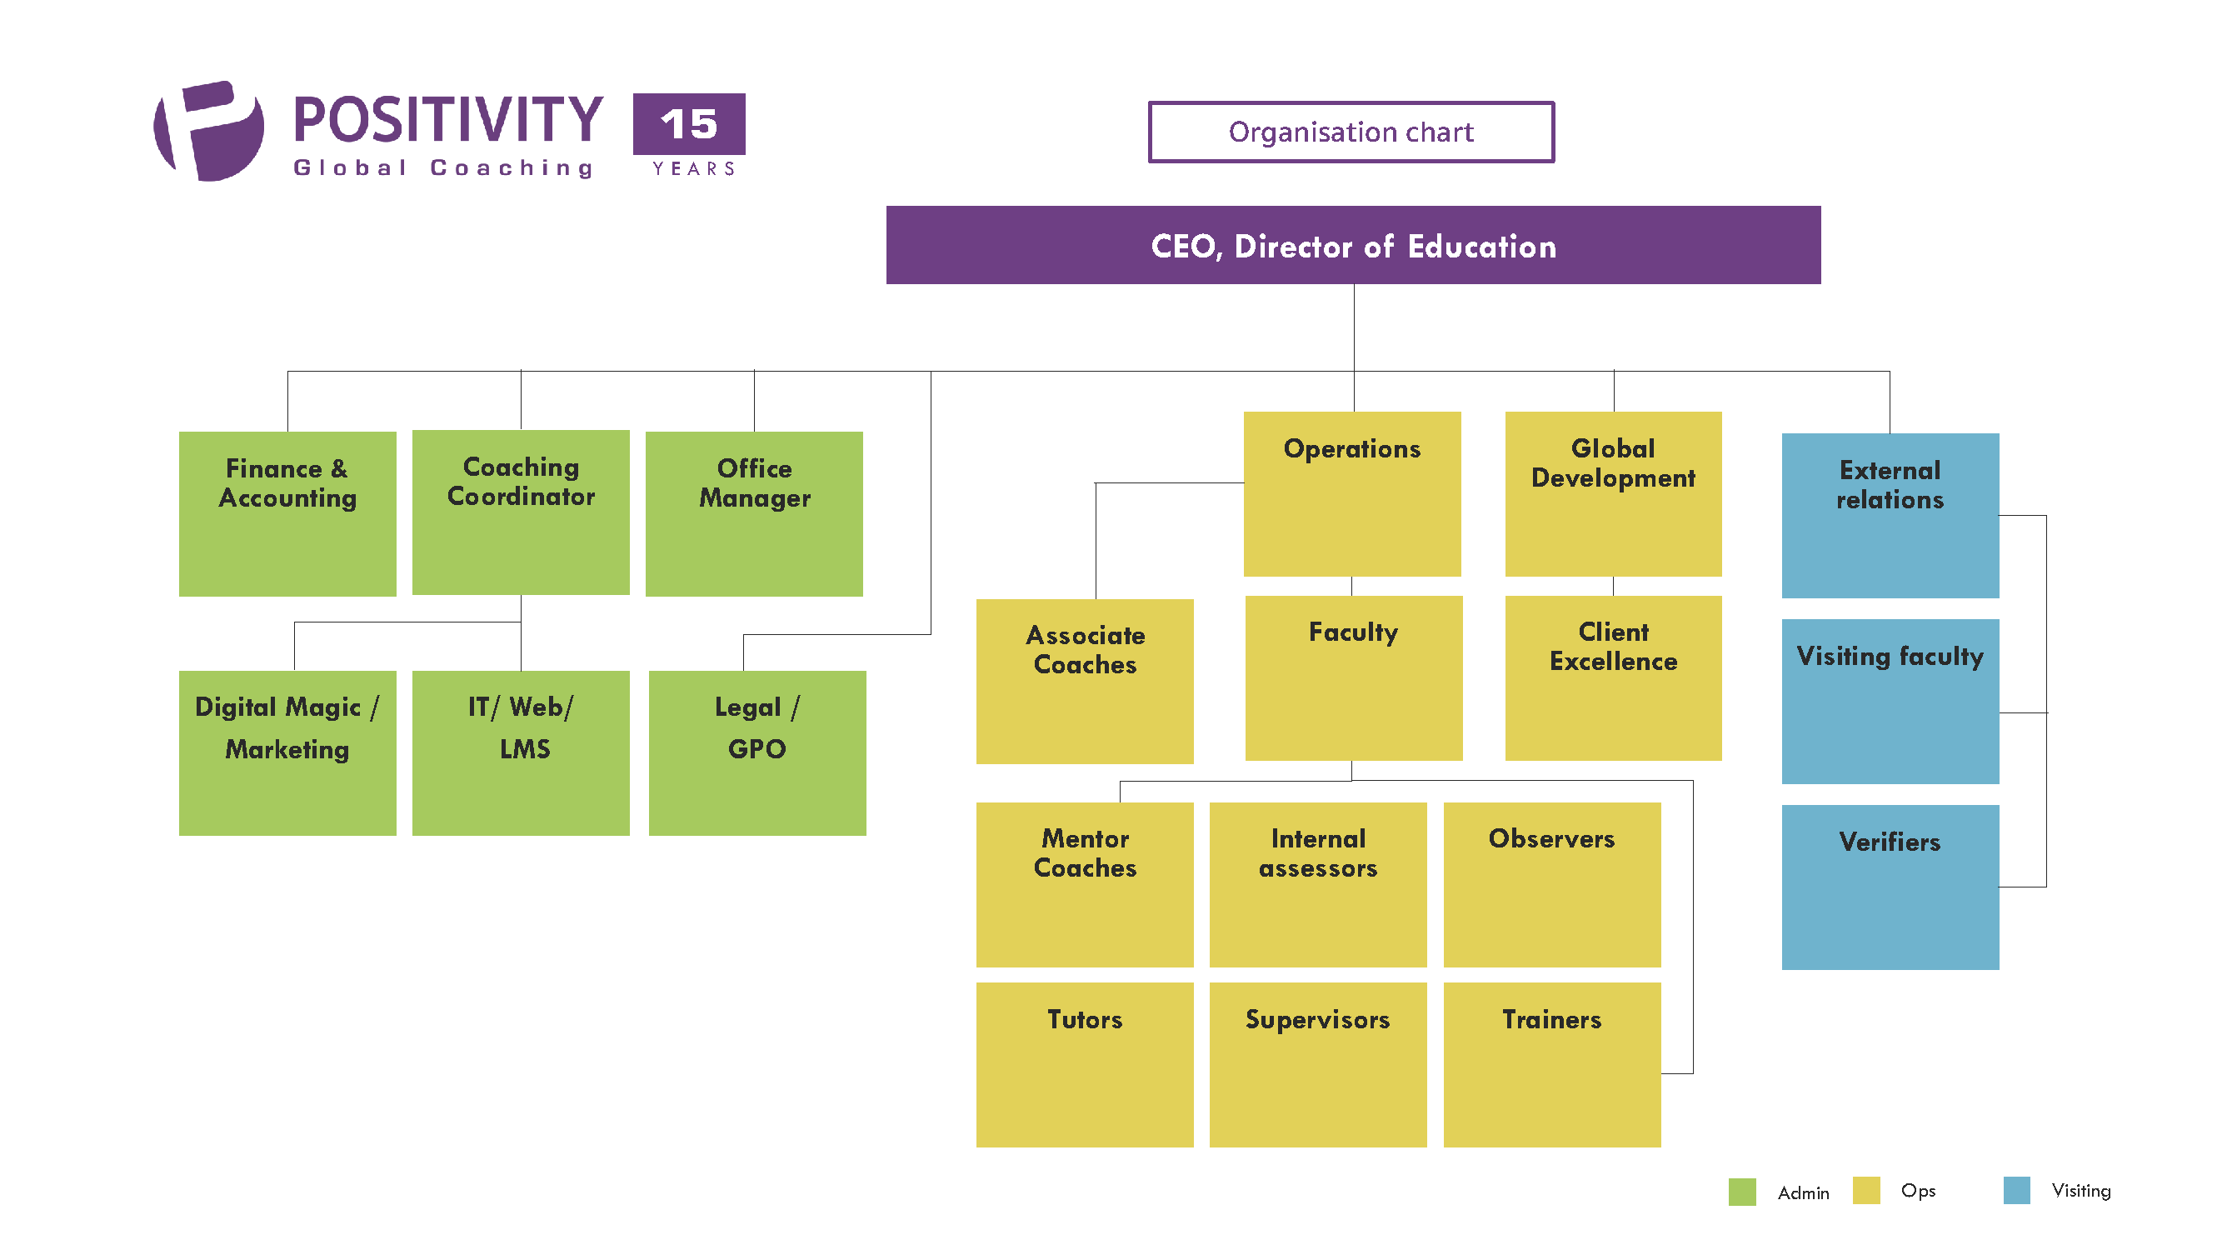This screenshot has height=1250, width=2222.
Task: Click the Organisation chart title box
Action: click(1350, 132)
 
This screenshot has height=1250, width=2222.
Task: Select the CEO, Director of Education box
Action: click(1352, 245)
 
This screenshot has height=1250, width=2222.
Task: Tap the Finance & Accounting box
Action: click(287, 513)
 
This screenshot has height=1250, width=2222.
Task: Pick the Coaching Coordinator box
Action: click(520, 512)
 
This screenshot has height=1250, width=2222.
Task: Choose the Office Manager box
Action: click(753, 513)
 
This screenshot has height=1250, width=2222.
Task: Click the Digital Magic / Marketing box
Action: click(287, 752)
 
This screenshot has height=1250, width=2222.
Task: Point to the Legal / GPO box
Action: click(756, 752)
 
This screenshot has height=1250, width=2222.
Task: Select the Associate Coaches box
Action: click(1084, 681)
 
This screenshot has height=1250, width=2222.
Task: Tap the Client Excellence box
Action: click(1612, 677)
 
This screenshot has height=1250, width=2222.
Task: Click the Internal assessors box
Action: click(1317, 884)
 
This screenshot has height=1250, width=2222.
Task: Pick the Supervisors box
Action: click(1317, 1063)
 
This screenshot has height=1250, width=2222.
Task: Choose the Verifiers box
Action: click(1889, 886)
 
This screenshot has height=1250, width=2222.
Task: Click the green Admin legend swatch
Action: click(1741, 1192)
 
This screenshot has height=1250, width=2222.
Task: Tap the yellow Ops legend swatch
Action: click(1865, 1190)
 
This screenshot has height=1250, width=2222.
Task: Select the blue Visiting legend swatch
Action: click(2016, 1190)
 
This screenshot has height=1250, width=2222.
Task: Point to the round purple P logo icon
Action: click(209, 131)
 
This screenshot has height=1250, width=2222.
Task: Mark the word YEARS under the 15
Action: click(693, 168)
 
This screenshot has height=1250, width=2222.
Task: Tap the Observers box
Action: click(1551, 884)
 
